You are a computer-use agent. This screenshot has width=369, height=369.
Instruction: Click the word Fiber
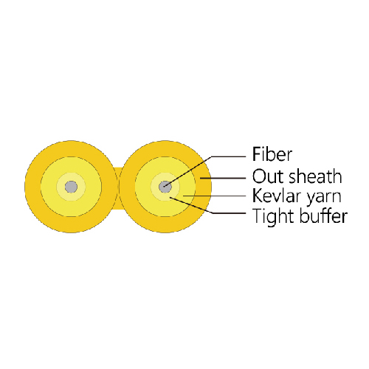(272, 154)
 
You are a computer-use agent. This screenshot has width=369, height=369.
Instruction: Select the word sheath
(315, 176)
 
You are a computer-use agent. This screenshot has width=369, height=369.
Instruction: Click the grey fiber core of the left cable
(71, 187)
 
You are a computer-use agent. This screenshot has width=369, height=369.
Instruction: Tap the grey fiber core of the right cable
(165, 187)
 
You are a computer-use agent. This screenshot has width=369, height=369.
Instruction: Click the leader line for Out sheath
(223, 178)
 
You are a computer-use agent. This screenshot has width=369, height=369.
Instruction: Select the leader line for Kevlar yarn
(214, 196)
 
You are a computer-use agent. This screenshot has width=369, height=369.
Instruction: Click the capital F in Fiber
(257, 154)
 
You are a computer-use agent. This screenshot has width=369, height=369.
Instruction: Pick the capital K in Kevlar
(257, 196)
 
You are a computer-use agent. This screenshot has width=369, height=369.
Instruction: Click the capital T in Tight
(258, 215)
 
